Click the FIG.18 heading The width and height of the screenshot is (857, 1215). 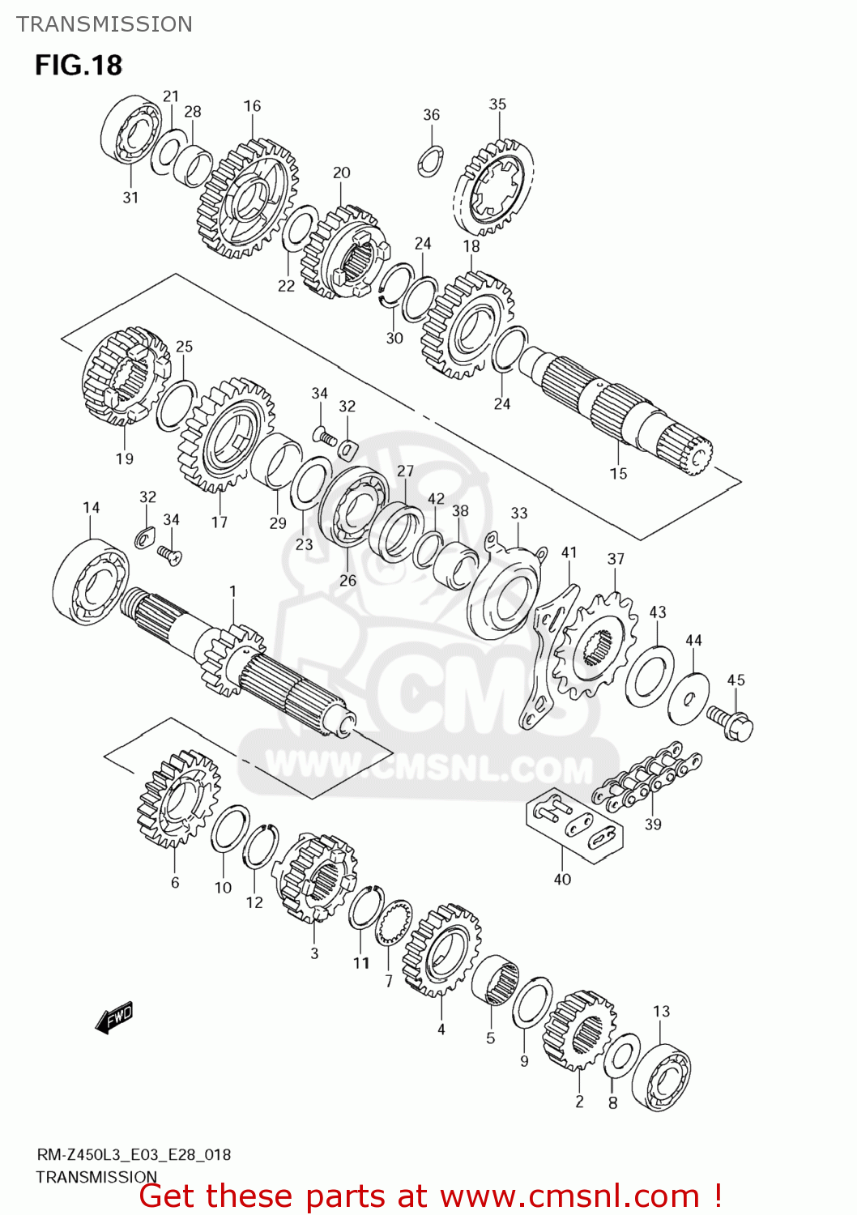tap(79, 65)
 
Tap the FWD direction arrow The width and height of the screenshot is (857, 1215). tap(114, 1017)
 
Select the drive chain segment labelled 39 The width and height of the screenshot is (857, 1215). tap(647, 780)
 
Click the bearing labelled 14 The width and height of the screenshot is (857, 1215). tap(90, 581)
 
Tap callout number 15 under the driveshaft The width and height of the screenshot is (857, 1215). tap(618, 473)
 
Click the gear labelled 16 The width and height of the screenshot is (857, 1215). tap(247, 198)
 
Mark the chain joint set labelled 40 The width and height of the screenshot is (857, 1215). tap(575, 824)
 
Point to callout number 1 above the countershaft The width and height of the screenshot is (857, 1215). tap(233, 591)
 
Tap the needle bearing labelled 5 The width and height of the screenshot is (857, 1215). tap(494, 979)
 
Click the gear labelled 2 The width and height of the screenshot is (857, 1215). tap(580, 1030)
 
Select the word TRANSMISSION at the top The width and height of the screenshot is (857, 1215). tap(104, 24)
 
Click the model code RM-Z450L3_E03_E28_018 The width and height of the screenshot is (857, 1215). tap(134, 1154)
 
